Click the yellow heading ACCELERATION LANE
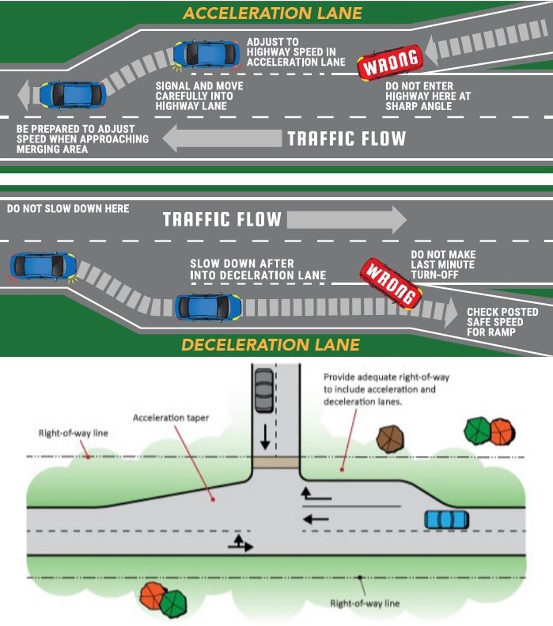pos(272,13)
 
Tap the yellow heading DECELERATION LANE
pos(271,345)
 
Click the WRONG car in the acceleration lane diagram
pos(389,63)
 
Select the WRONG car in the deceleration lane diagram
pos(391,283)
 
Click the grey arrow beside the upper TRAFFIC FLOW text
pos(222,138)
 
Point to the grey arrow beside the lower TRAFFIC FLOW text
pos(347,219)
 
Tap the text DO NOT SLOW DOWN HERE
pos(68,208)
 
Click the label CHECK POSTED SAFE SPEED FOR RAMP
pos(502,322)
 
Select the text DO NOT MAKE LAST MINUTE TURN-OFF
pos(443,264)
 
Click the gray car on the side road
pos(264,390)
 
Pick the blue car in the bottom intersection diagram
pos(446,519)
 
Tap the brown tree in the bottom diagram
pos(390,438)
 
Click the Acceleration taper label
pos(171,418)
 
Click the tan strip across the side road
pos(275,463)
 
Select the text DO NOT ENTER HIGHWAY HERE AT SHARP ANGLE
pos(428,97)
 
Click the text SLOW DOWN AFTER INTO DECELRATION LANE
pos(258,270)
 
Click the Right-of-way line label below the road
pos(365,603)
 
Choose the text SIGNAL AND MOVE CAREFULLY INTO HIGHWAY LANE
pos(199,96)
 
